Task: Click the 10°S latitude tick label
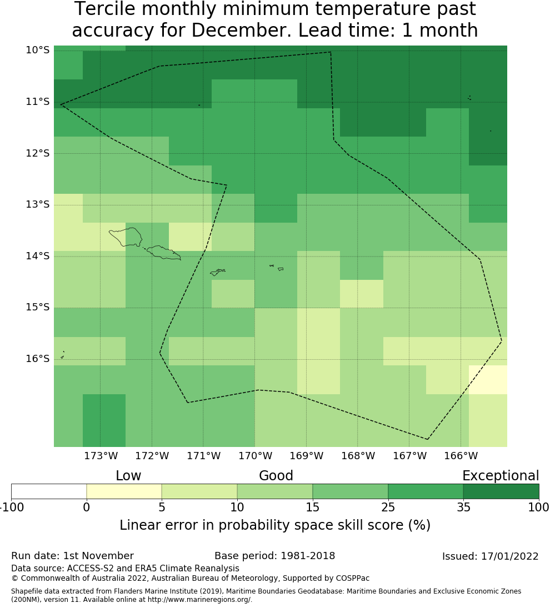tap(37, 51)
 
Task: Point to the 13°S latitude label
tap(37, 205)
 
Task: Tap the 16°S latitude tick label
tap(37, 359)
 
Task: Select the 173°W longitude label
tap(101, 456)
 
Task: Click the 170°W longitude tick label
tap(255, 456)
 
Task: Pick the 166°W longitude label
tap(461, 456)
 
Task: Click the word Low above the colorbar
tap(128, 476)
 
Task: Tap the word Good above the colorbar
tap(276, 476)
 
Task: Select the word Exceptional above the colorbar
tap(501, 476)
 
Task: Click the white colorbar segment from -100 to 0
tap(49, 491)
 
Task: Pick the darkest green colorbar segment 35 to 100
tap(501, 491)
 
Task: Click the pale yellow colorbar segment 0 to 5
tap(124, 491)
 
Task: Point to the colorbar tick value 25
tap(388, 507)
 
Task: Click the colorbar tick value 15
tap(312, 507)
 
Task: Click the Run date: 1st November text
tap(72, 556)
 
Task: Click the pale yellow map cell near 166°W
tap(488, 380)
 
